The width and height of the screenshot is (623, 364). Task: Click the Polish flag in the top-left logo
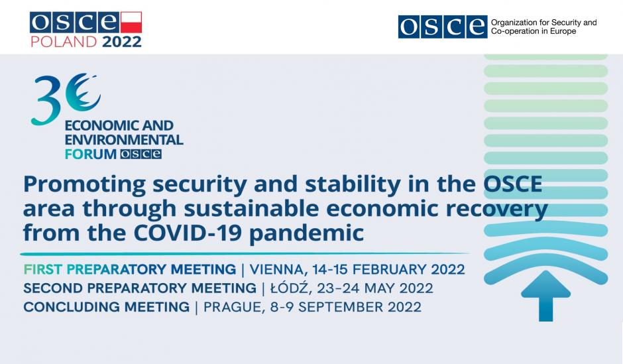(131, 23)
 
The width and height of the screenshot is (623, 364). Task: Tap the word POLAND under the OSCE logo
(64, 42)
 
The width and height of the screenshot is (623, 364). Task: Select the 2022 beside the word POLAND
(121, 42)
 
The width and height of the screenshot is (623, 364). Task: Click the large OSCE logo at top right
(443, 27)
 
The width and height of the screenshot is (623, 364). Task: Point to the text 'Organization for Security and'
(543, 23)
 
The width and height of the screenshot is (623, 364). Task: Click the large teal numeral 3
(46, 99)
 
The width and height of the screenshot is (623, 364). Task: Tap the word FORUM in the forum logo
(91, 154)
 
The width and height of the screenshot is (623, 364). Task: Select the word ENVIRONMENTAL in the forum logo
(123, 140)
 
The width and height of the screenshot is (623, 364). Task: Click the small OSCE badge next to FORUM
(141, 154)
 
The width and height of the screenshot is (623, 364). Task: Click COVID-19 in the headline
(188, 233)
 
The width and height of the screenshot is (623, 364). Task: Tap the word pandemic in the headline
(306, 233)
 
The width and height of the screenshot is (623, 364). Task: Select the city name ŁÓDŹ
(289, 288)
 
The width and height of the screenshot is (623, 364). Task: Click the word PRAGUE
(233, 307)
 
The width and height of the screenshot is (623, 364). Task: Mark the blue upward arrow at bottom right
(546, 296)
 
